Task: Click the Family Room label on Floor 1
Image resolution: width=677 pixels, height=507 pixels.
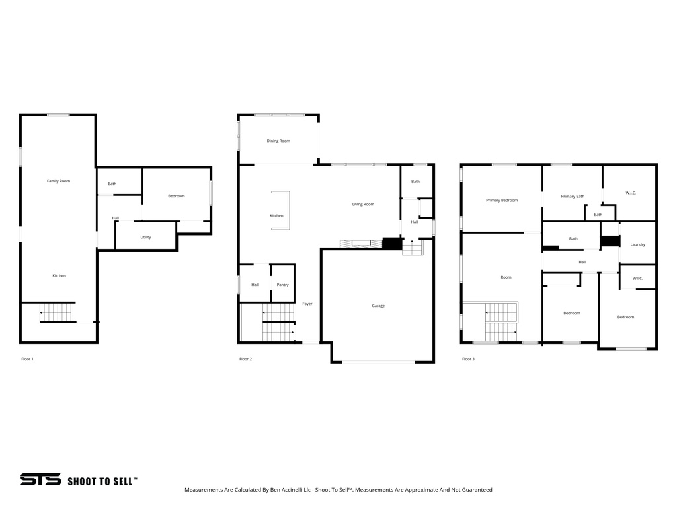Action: click(58, 181)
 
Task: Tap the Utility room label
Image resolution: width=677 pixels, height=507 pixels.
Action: click(145, 237)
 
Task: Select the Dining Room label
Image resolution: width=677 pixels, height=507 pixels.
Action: click(278, 141)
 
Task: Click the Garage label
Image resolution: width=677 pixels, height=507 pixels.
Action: click(378, 306)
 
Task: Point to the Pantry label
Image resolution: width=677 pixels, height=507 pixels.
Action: click(282, 285)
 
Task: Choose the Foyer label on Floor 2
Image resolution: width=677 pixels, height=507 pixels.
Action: click(307, 304)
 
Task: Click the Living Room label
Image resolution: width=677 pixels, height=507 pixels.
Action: click(363, 204)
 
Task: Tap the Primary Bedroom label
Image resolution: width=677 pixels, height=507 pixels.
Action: click(502, 200)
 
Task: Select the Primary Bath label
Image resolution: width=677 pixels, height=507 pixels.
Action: click(573, 196)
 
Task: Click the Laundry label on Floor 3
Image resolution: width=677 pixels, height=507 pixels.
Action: click(637, 244)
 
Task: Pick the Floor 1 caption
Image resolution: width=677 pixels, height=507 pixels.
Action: click(28, 359)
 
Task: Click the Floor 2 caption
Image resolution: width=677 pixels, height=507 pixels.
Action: click(245, 359)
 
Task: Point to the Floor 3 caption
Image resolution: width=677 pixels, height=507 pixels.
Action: click(468, 359)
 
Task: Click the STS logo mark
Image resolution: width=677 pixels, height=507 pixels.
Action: click(40, 480)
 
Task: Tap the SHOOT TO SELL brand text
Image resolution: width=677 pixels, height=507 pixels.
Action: click(102, 481)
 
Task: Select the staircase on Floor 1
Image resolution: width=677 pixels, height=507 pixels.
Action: click(57, 312)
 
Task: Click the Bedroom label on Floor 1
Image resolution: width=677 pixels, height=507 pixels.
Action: click(176, 196)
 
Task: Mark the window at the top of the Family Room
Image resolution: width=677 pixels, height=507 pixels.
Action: click(58, 115)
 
